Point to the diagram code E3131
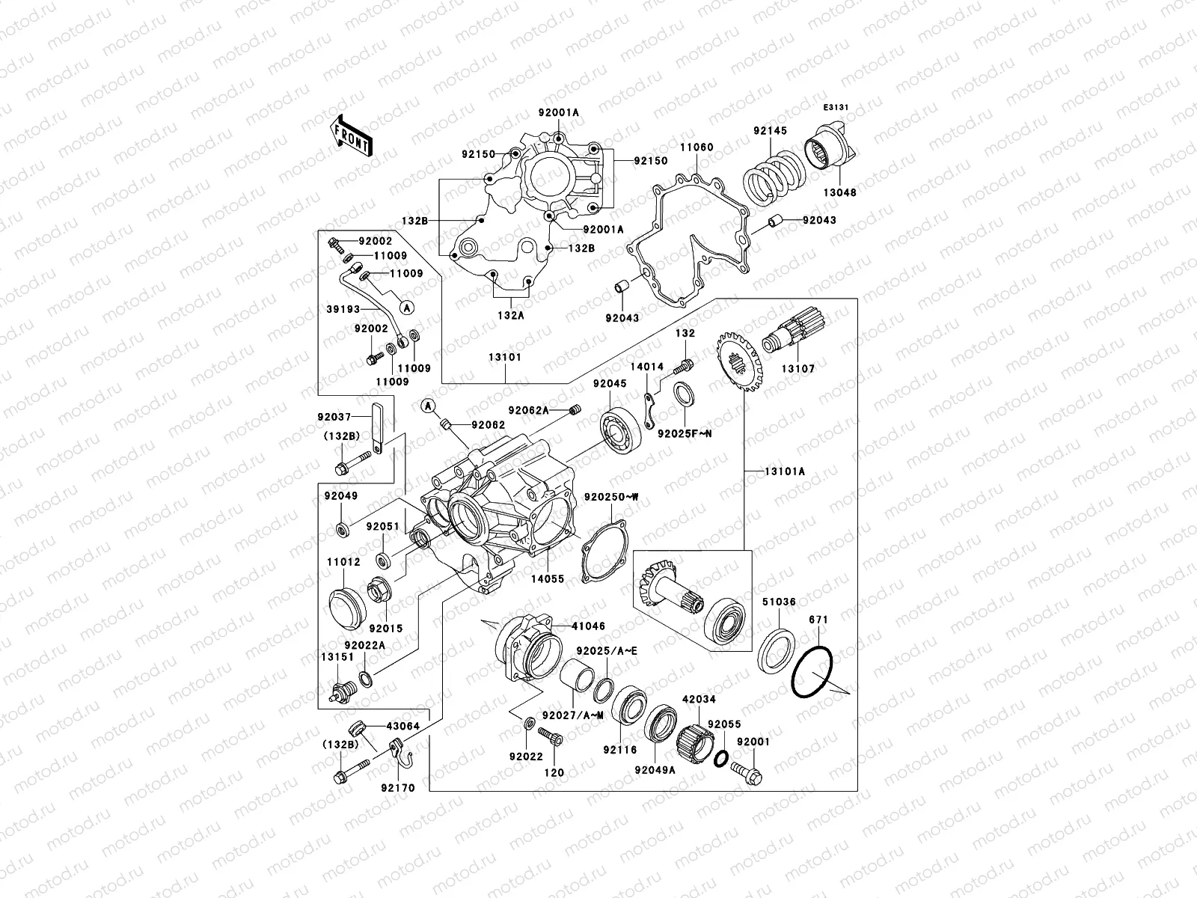(836, 108)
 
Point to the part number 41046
(588, 626)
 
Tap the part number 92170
(397, 787)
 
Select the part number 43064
(402, 727)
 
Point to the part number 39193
(344, 309)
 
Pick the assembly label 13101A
(785, 471)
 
